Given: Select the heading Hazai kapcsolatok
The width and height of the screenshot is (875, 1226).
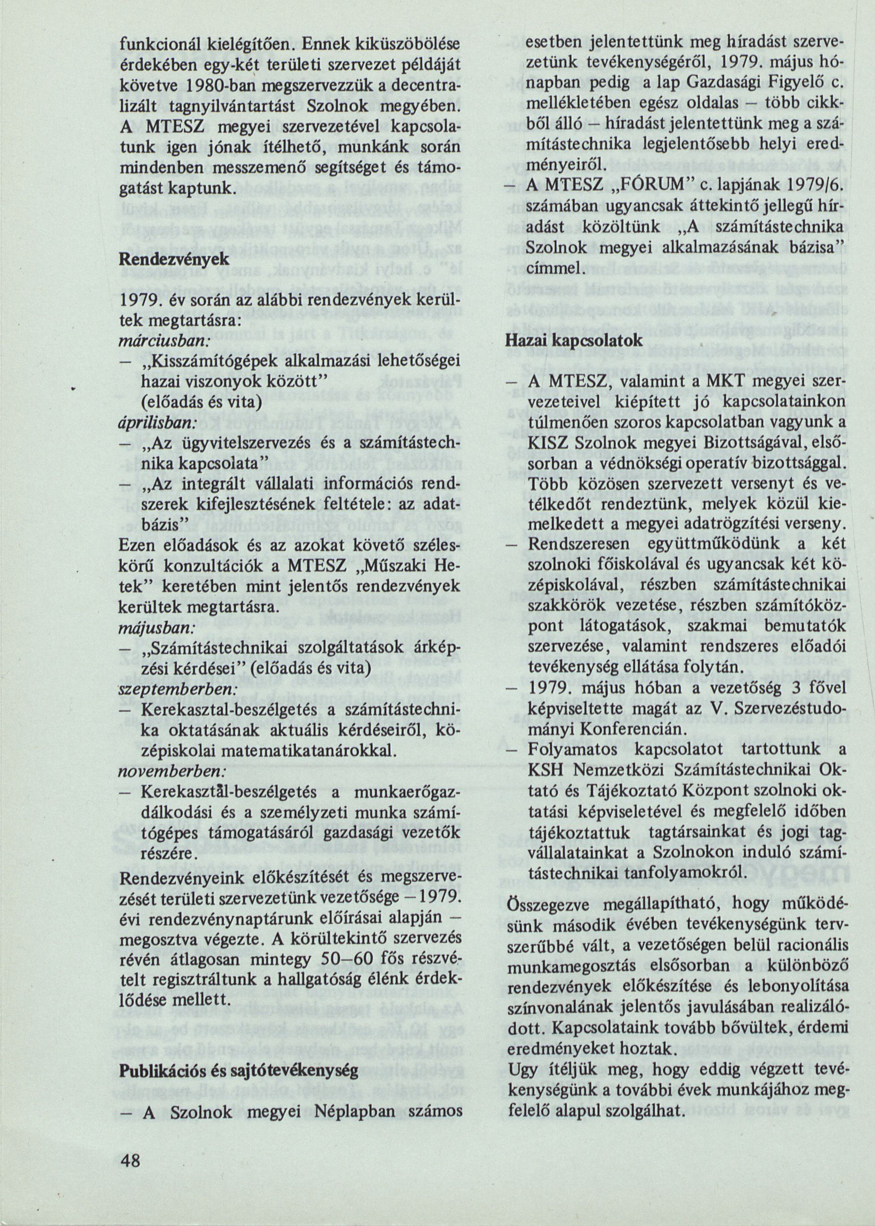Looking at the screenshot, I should click(x=574, y=341).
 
